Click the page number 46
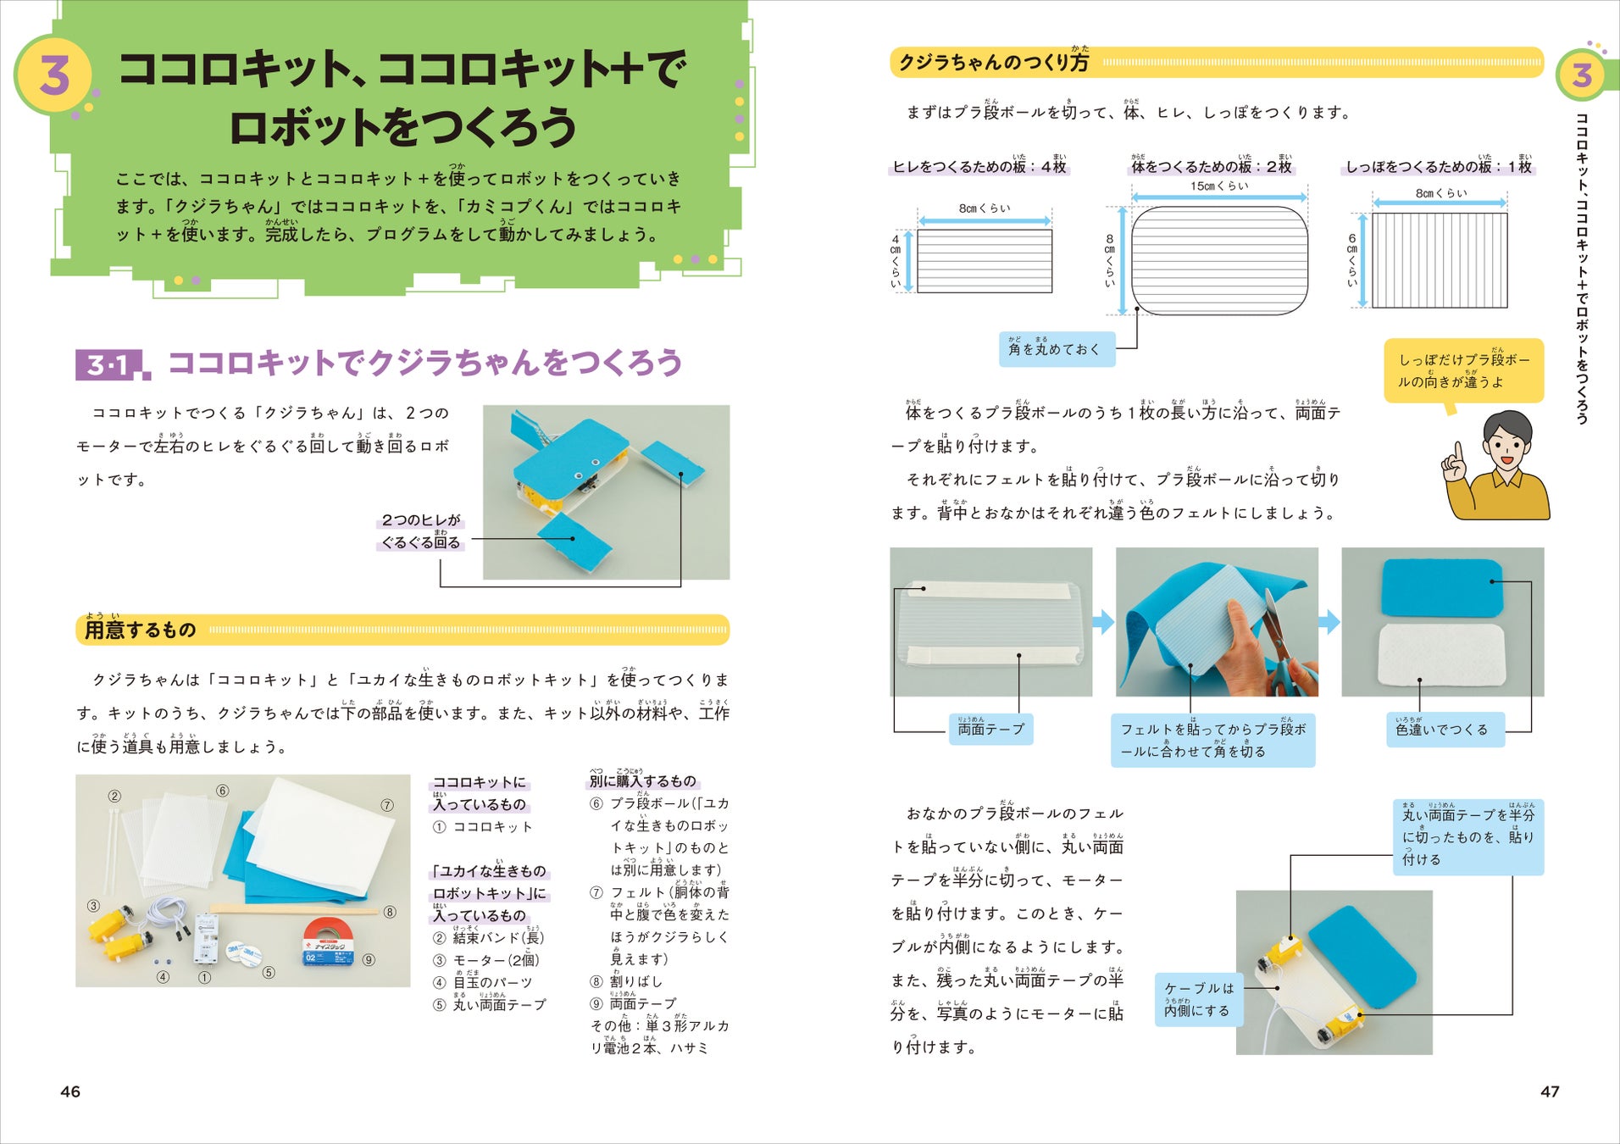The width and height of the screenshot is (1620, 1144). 70,1091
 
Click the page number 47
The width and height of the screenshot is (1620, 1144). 1550,1091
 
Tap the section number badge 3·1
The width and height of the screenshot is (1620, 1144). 112,365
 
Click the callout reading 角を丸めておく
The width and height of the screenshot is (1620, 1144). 1057,349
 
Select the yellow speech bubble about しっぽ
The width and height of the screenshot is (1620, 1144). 1463,371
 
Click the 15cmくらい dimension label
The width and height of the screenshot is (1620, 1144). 1218,186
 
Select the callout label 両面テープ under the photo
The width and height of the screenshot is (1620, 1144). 990,729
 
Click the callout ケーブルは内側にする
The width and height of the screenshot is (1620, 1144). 1198,1000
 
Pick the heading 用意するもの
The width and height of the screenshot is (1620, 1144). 141,630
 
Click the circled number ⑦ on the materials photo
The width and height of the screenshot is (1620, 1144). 387,805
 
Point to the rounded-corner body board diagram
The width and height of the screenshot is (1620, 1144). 1219,260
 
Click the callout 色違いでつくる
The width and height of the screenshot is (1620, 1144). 1445,730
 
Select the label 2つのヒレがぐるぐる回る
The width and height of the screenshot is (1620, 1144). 420,531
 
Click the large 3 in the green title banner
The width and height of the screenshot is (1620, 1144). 55,75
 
